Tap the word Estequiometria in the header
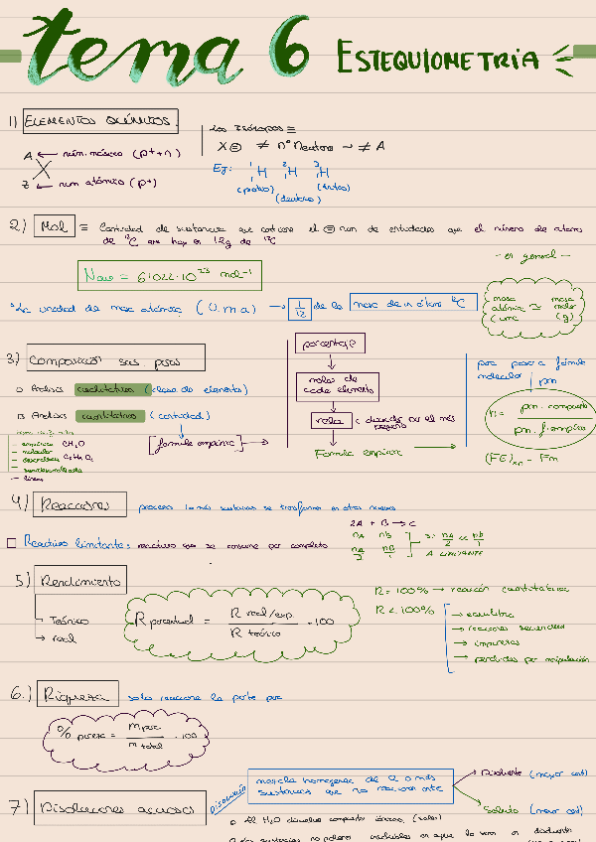tap(438, 59)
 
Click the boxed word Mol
tap(51, 226)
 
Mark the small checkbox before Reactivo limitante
tap(10, 543)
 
